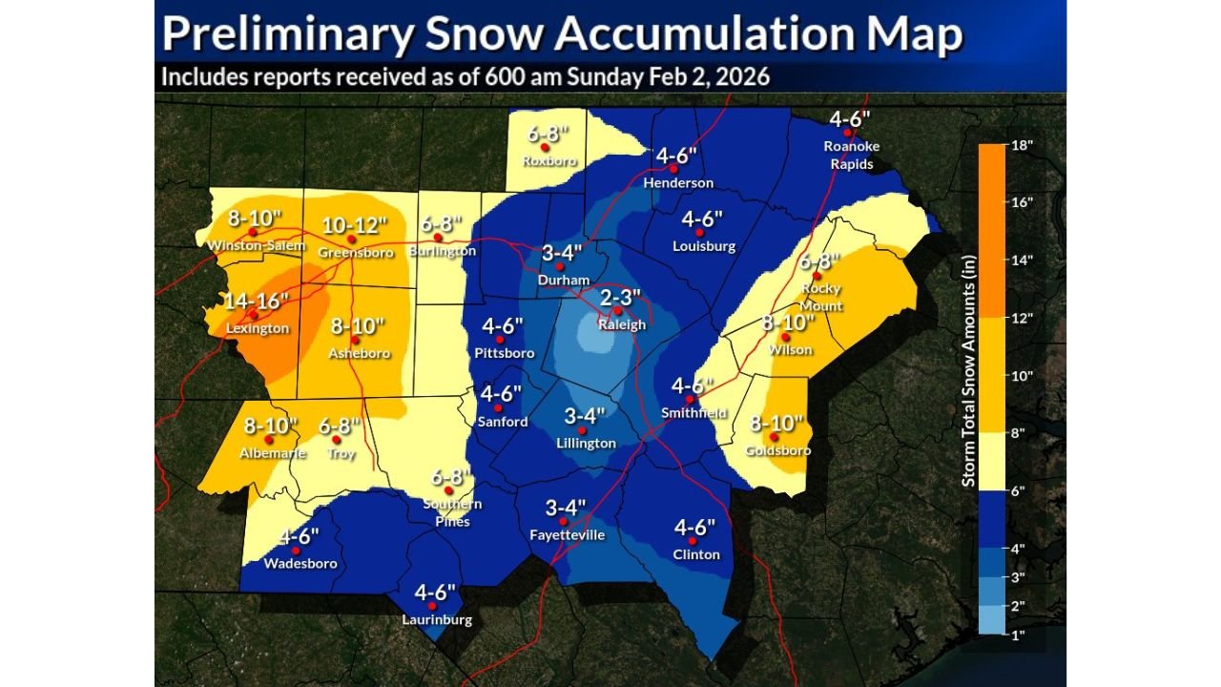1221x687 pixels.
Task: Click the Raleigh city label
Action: tap(621, 325)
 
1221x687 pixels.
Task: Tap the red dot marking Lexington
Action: tap(253, 316)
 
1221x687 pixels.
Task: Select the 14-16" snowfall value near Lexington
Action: tap(257, 302)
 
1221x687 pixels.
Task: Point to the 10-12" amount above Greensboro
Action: tap(354, 225)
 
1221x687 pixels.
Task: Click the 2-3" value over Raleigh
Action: tap(621, 298)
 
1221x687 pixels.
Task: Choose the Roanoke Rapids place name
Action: tap(852, 155)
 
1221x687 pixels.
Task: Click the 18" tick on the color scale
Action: tap(1023, 144)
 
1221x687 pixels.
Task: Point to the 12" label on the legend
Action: tap(1023, 317)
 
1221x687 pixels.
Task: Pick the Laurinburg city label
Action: tap(435, 620)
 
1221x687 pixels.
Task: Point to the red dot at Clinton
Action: tap(692, 540)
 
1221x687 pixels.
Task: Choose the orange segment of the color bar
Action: tap(992, 230)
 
